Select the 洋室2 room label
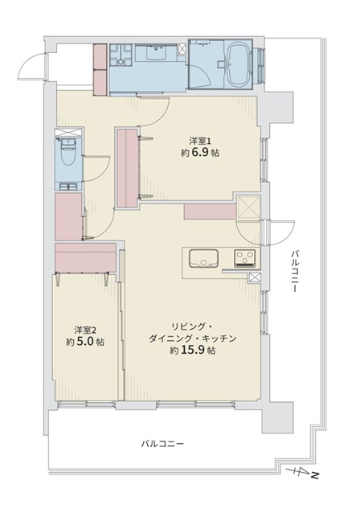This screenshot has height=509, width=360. [85, 330]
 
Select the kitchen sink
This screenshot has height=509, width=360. [203, 258]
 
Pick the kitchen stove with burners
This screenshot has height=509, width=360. [247, 258]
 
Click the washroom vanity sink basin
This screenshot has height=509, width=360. [157, 51]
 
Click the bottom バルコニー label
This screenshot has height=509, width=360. [162, 443]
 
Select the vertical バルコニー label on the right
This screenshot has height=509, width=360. [294, 271]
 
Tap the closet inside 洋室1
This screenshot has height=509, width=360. [127, 168]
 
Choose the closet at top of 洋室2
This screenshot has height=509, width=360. [86, 257]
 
